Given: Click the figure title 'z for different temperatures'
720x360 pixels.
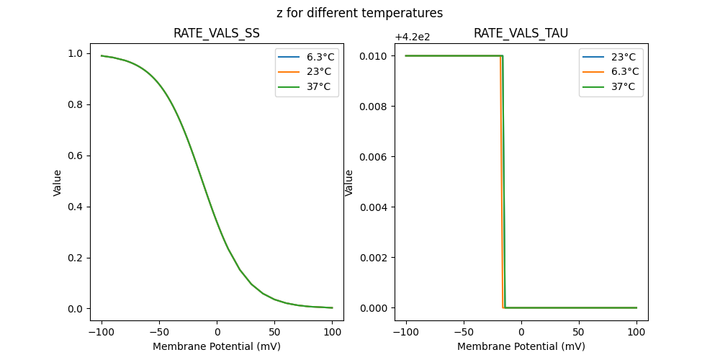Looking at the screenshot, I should [359, 13].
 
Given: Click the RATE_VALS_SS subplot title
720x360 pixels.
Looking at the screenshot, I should [217, 33].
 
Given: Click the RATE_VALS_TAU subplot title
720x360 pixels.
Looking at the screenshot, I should [521, 33].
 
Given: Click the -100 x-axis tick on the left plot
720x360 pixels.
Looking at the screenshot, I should [102, 332].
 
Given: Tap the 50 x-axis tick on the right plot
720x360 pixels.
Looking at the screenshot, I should [579, 332].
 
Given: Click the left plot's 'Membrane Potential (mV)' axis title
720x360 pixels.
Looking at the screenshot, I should [217, 346].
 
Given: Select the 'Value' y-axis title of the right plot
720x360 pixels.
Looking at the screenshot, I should [349, 183].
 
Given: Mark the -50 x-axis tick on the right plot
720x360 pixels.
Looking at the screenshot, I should [463, 332].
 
